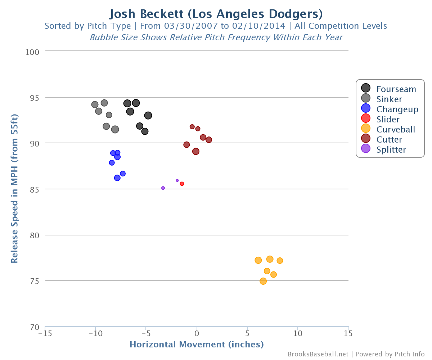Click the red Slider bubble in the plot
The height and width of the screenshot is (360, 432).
point(182,184)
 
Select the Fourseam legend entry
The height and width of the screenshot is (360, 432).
point(388,89)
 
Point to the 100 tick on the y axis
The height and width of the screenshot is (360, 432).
point(32,52)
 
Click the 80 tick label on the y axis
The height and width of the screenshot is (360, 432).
point(34,235)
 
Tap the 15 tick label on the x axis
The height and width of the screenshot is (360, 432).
point(348,333)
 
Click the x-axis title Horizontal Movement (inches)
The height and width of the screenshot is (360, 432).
point(197,345)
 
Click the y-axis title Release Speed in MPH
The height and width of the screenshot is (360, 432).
point(14,189)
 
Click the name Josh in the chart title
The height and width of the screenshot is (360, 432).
point(122,14)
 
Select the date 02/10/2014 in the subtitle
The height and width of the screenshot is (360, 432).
point(258,26)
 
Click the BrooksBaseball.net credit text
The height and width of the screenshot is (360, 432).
point(318,354)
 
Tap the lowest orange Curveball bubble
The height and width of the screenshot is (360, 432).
point(263,281)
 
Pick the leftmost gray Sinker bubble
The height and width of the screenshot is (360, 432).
point(95,104)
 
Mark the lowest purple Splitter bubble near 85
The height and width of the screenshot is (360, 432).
point(163,188)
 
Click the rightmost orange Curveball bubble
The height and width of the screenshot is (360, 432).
point(280,261)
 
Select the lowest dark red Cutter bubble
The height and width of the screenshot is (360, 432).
point(196,152)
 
